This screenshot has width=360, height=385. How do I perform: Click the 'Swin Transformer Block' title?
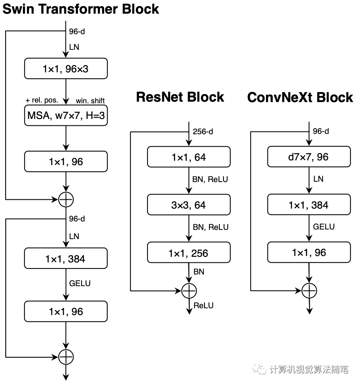pyautogui.click(x=81, y=9)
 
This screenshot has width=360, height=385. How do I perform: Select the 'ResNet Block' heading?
pyautogui.click(x=180, y=97)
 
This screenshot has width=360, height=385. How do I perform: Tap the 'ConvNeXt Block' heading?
pyautogui.click(x=300, y=97)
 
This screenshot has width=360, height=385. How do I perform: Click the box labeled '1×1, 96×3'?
pyautogui.click(x=66, y=68)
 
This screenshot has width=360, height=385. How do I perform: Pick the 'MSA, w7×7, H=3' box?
pyautogui.click(x=66, y=115)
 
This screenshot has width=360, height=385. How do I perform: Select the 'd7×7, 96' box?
pyautogui.click(x=309, y=157)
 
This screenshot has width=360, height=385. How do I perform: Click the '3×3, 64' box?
pyautogui.click(x=189, y=205)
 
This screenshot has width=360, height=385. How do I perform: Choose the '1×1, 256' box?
pyautogui.click(x=189, y=253)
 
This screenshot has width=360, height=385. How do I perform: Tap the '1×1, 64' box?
pyautogui.click(x=189, y=157)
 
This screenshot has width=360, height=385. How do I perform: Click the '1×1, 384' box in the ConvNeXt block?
pyautogui.click(x=309, y=205)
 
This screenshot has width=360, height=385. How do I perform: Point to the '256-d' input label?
pyautogui.click(x=203, y=131)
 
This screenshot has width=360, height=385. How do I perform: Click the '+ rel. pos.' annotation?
pyautogui.click(x=42, y=100)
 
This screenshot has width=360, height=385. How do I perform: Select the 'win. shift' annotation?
pyautogui.click(x=90, y=100)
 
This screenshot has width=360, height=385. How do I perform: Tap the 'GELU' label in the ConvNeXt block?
pyautogui.click(x=324, y=227)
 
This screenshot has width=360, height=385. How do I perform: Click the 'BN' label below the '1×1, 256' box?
pyautogui.click(x=199, y=272)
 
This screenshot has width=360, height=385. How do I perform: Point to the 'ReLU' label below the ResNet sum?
pyautogui.click(x=204, y=305)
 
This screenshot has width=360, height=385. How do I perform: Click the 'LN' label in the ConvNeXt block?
pyautogui.click(x=318, y=179)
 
